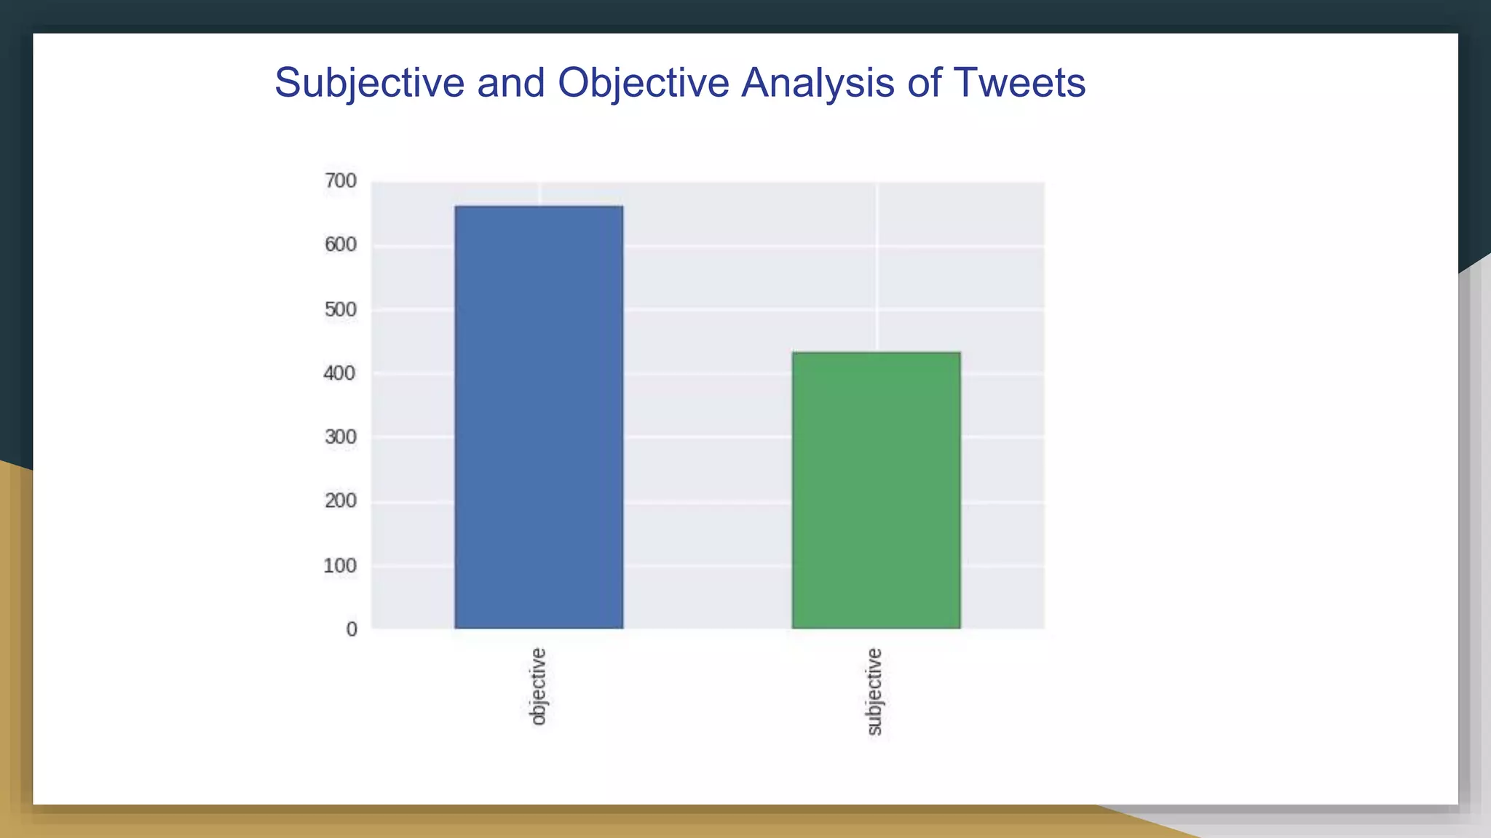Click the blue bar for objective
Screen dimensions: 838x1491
tap(539, 417)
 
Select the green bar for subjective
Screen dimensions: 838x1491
tap(876, 490)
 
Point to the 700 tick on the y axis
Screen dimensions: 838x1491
tap(340, 181)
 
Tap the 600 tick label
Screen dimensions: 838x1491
tap(340, 245)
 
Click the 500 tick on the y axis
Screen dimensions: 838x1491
tap(340, 310)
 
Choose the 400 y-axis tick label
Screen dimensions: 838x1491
tap(340, 374)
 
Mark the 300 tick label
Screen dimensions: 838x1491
tap(340, 437)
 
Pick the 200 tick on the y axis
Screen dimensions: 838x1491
tap(340, 501)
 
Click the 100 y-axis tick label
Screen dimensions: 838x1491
tap(340, 566)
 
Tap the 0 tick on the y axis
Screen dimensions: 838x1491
tap(352, 629)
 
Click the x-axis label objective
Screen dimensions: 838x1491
tap(537, 686)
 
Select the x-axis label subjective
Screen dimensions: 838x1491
tap(874, 692)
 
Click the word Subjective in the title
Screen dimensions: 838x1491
tap(369, 83)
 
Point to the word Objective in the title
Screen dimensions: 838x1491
tap(643, 83)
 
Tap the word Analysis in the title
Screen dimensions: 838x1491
tap(818, 83)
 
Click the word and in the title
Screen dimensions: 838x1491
tap(510, 83)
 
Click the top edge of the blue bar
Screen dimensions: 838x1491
tap(539, 207)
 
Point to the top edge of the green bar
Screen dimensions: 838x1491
tap(876, 353)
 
